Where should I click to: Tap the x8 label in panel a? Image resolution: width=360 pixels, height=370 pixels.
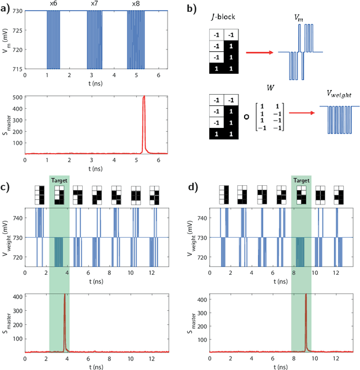pos(136,4)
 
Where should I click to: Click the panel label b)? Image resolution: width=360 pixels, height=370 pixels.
pos(192,8)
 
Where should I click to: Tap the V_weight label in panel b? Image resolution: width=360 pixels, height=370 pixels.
pos(334,95)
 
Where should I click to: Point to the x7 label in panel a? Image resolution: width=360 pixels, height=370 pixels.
pos(94,4)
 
